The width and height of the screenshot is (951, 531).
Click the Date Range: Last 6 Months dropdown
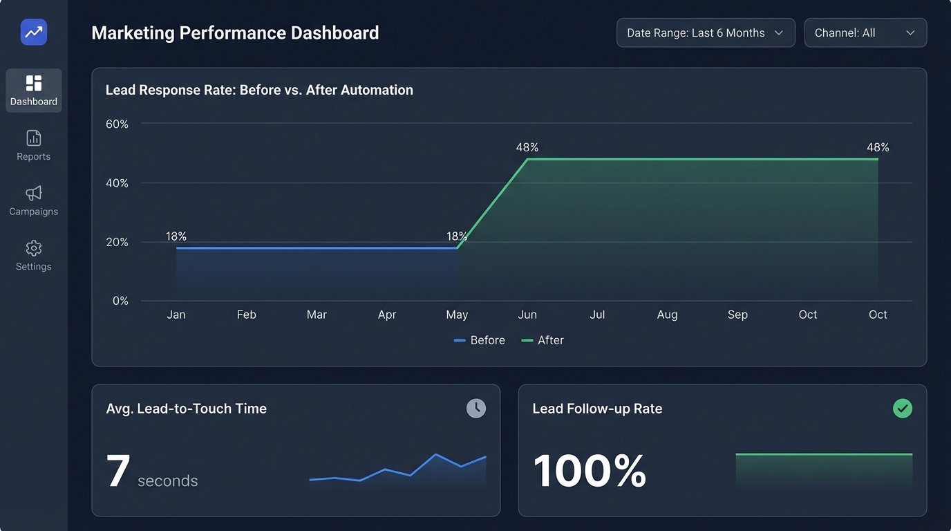(705, 32)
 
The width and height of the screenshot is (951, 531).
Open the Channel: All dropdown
(865, 32)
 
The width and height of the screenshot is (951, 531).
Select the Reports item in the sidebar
(33, 146)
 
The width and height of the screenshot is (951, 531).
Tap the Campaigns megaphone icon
(33, 193)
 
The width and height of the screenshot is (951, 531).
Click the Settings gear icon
(33, 248)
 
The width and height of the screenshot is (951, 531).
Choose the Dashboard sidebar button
(33, 91)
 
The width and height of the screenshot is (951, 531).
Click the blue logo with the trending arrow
(34, 32)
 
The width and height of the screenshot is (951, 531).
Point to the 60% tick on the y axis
(117, 124)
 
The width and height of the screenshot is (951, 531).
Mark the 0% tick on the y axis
(120, 301)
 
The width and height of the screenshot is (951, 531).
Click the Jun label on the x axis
(527, 315)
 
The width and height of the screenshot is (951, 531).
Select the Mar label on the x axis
(317, 315)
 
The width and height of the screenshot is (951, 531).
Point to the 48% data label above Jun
(527, 147)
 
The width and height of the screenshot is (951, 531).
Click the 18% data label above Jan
(176, 236)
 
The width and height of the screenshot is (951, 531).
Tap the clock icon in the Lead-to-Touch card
(476, 408)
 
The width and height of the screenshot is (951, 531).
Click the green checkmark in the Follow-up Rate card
(903, 409)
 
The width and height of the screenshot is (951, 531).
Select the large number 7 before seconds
(118, 472)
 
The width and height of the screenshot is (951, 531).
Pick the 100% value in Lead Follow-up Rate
(590, 472)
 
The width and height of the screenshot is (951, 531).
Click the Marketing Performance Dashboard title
(235, 32)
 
